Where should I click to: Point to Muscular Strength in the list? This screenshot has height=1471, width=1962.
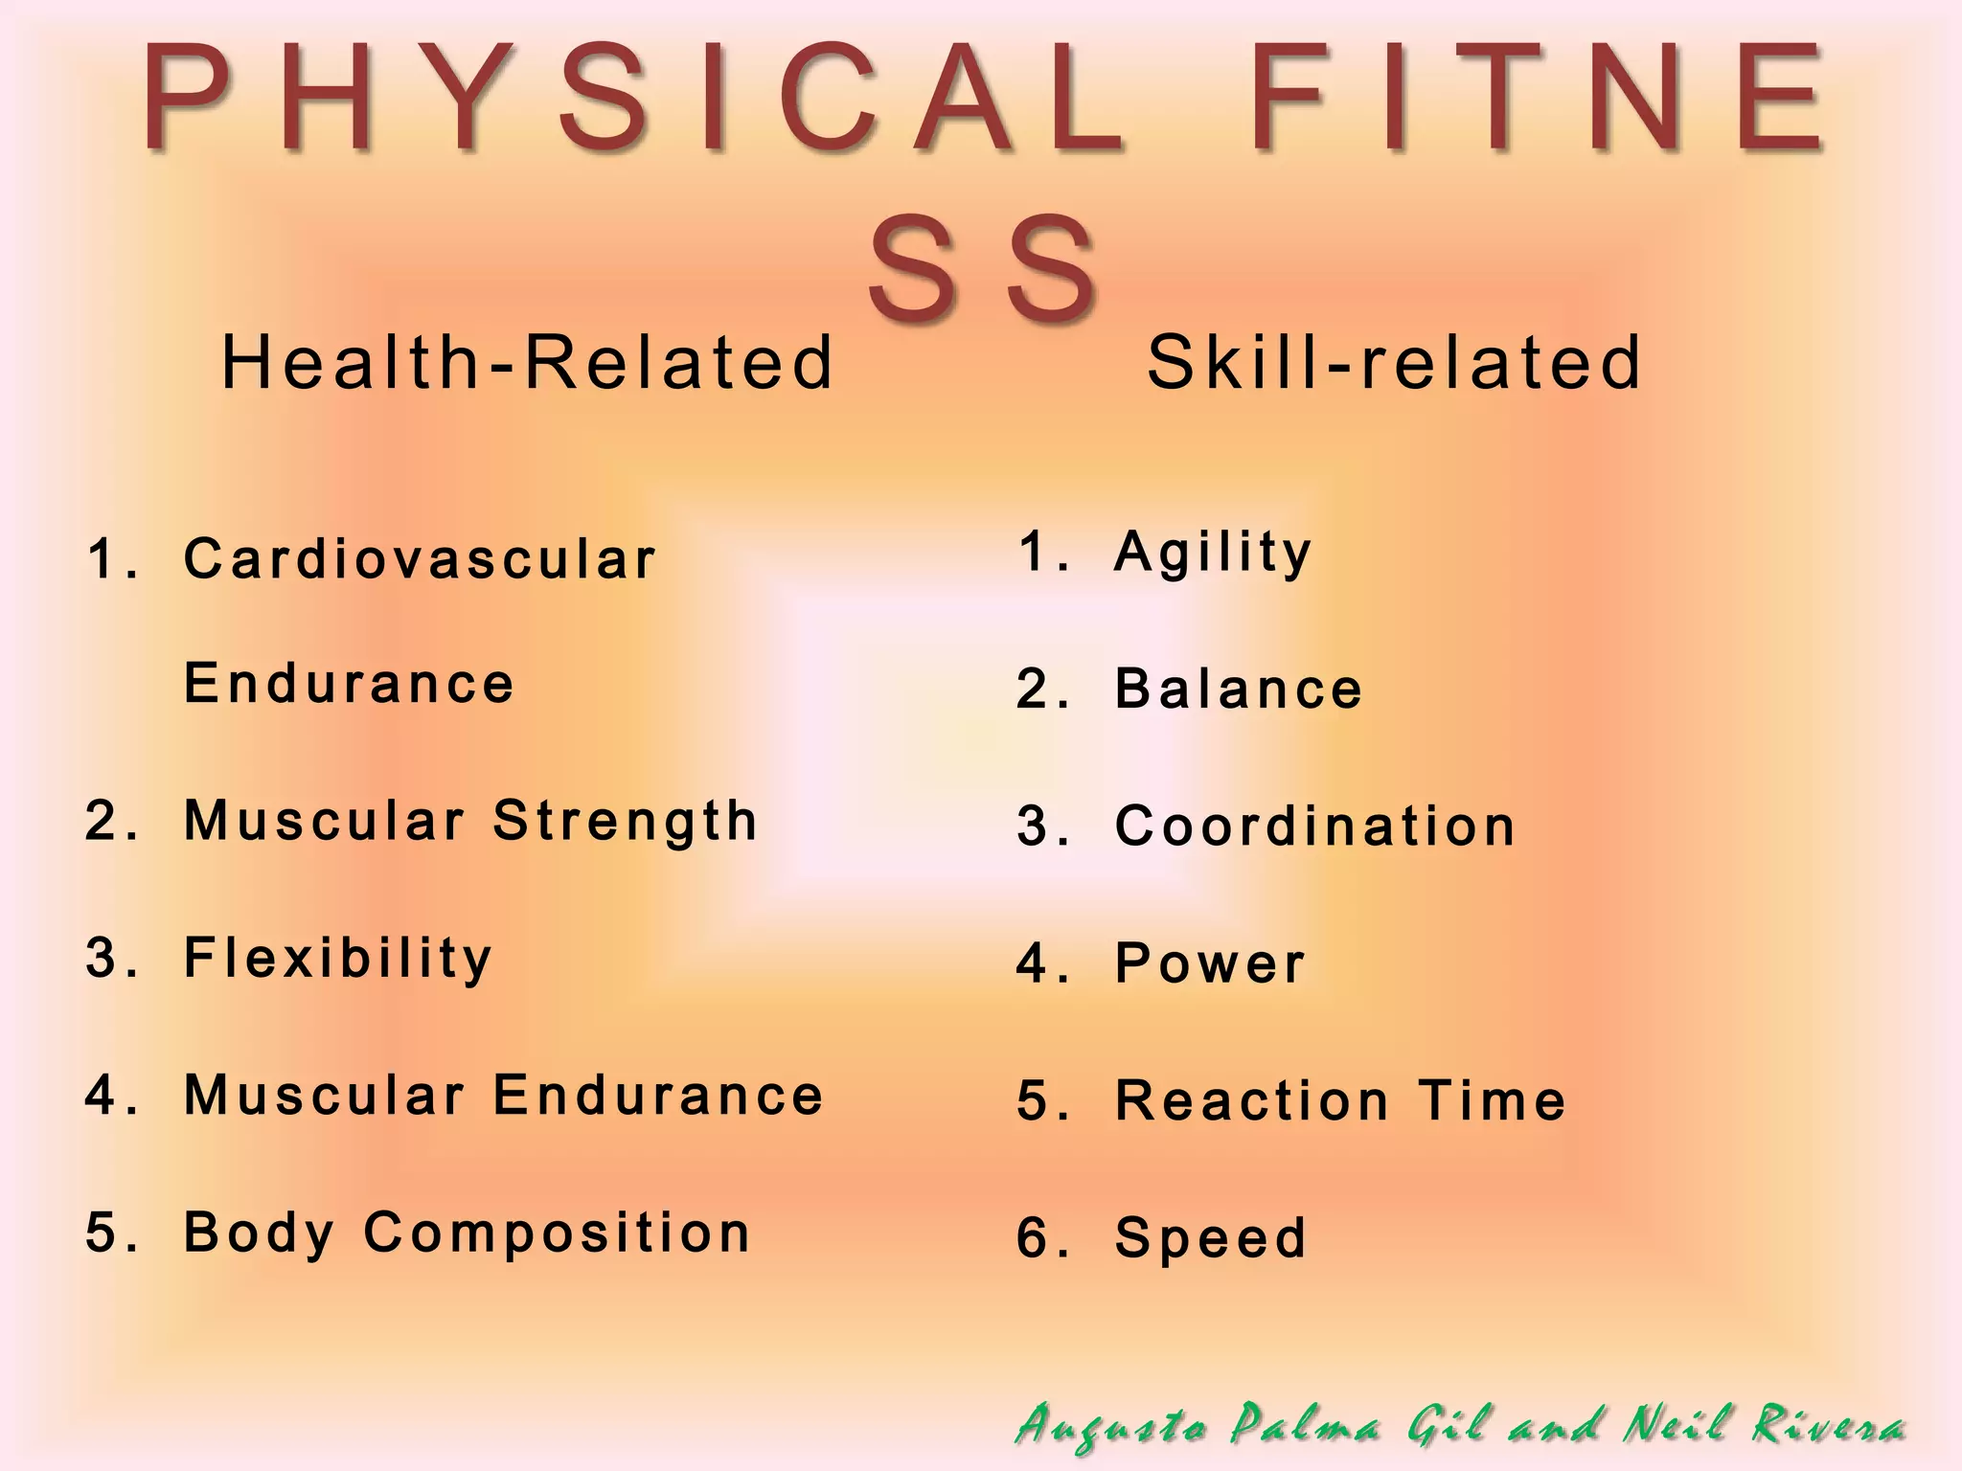tap(470, 821)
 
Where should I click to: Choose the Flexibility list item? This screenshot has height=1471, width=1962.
tap(338, 958)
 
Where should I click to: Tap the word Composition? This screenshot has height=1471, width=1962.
tap(558, 1233)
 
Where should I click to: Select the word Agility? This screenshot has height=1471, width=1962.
tap(1213, 553)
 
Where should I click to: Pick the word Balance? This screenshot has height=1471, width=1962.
tap(1239, 690)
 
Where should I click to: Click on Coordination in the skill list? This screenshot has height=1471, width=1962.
tap(1315, 826)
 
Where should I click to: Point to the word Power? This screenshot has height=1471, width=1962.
tap(1211, 963)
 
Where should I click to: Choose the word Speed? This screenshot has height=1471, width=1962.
tap(1211, 1238)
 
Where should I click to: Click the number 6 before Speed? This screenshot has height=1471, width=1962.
tap(1033, 1238)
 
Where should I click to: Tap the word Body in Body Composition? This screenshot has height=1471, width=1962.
tap(259, 1233)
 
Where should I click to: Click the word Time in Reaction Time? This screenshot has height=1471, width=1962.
tap(1493, 1100)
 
